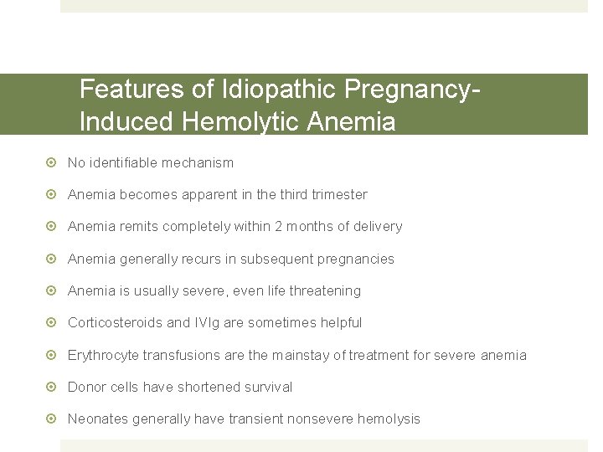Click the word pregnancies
(351, 259)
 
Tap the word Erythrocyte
(103, 355)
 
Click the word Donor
(86, 387)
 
